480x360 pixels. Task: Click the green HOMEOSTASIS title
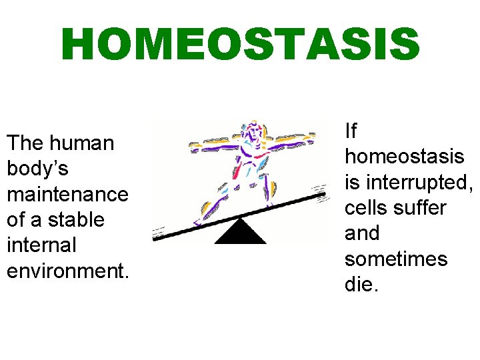(240, 45)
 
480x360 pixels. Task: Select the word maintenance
(67, 194)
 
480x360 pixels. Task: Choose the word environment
(67, 270)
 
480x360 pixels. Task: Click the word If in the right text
(351, 131)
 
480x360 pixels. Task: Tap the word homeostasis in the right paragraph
(404, 156)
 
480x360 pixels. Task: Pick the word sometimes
(395, 259)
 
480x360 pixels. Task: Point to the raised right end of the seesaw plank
(320, 197)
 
